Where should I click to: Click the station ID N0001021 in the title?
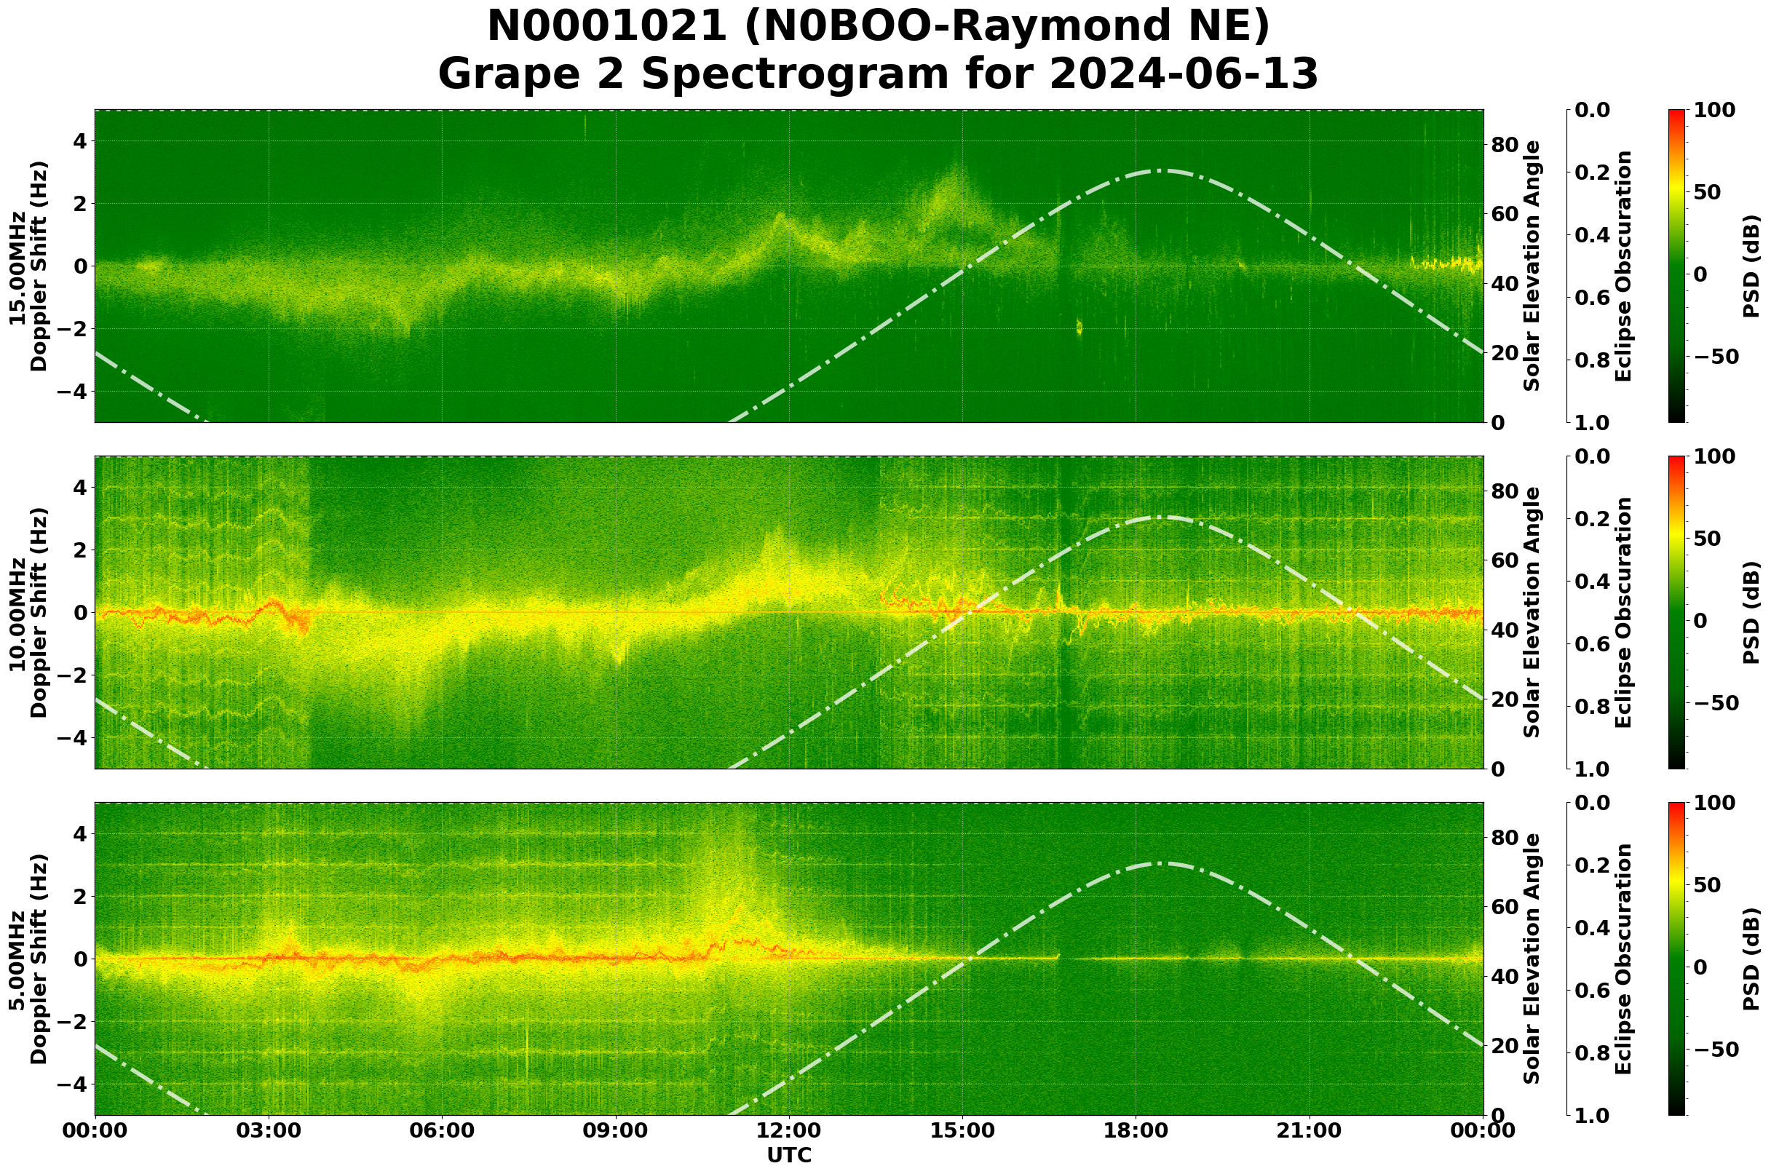[x=606, y=27]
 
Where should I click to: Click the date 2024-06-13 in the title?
[x=1183, y=75]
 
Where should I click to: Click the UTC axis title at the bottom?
[x=788, y=1155]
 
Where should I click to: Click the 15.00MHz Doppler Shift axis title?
[x=28, y=266]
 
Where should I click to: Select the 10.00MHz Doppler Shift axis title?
[x=28, y=612]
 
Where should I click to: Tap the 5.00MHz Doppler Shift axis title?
[x=28, y=959]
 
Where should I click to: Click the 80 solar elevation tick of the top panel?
[x=1504, y=145]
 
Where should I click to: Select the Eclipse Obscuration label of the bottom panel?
[x=1623, y=959]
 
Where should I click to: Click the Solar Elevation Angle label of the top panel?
[x=1532, y=266]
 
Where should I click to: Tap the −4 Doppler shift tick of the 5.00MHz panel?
[x=78, y=1084]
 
